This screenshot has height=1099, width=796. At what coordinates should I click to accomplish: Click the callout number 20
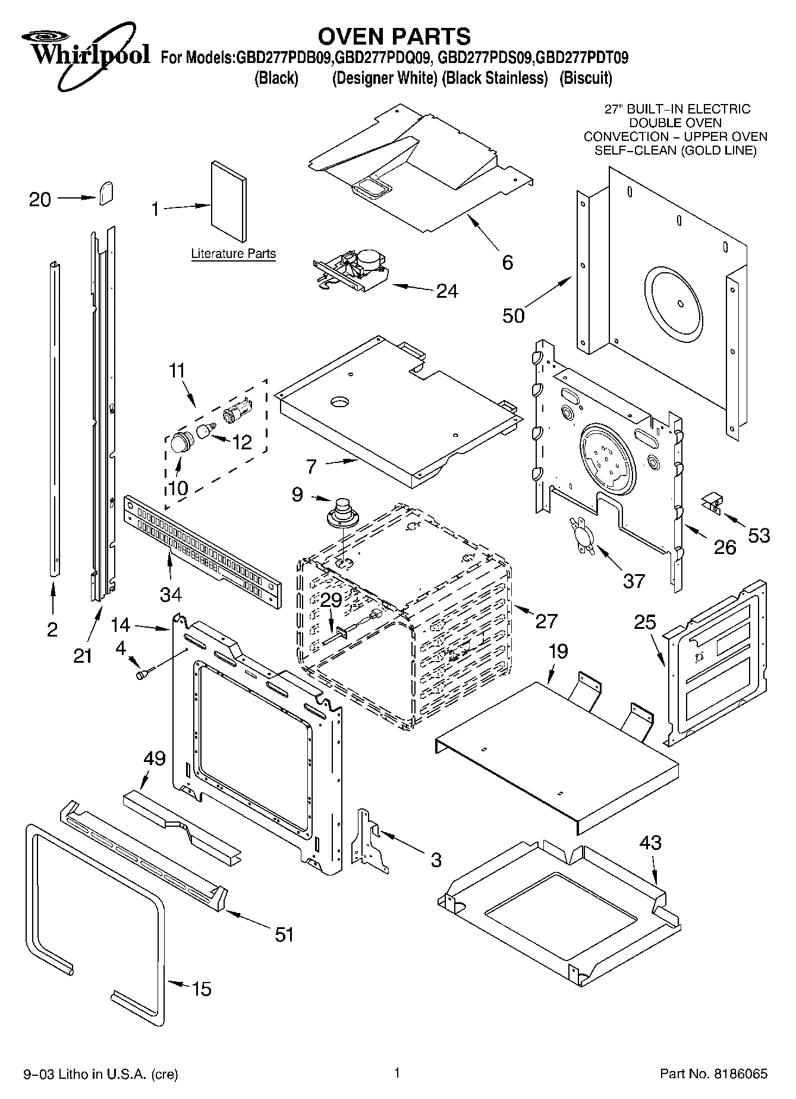pyautogui.click(x=40, y=199)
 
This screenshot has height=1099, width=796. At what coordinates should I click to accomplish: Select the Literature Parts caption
pyautogui.click(x=233, y=254)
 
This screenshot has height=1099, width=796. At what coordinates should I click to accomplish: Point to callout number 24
pyautogui.click(x=447, y=291)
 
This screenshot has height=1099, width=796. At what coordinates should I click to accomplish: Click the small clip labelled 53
pyautogui.click(x=711, y=503)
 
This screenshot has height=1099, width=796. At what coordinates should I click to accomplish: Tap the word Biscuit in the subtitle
pyautogui.click(x=586, y=78)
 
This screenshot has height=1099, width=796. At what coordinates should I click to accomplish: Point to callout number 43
pyautogui.click(x=650, y=842)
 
